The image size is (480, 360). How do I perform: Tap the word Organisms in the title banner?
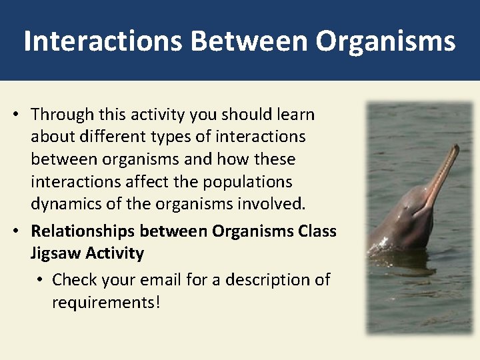385,41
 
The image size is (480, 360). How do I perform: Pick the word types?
179,137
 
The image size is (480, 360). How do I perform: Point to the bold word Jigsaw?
55,253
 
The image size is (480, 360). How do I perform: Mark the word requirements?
106,302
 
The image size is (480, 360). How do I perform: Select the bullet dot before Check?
39,280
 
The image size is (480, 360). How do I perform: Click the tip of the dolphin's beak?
456,148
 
